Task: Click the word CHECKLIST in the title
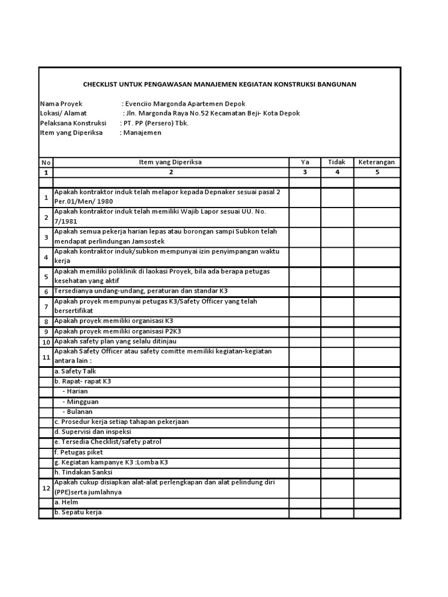pyautogui.click(x=101, y=85)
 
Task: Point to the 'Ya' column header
pyautogui.click(x=304, y=162)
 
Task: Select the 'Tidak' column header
pyautogui.click(x=337, y=162)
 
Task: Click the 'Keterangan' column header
pyautogui.click(x=376, y=162)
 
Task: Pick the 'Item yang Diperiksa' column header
pyautogui.click(x=170, y=162)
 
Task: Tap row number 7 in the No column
pyautogui.click(x=45, y=307)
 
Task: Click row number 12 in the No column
pyautogui.click(x=45, y=488)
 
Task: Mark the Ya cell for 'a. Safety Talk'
pyautogui.click(x=304, y=371)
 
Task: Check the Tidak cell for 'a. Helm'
pyautogui.click(x=337, y=503)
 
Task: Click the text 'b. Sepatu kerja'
pyautogui.click(x=78, y=512)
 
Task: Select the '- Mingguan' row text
pyautogui.click(x=80, y=402)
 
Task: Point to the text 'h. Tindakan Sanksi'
pyautogui.click(x=83, y=472)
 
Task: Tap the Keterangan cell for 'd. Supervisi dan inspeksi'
pyautogui.click(x=376, y=432)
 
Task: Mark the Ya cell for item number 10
pyautogui.click(x=304, y=341)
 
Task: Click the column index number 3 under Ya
pyautogui.click(x=304, y=173)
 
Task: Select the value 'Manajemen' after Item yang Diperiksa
pyautogui.click(x=142, y=133)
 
